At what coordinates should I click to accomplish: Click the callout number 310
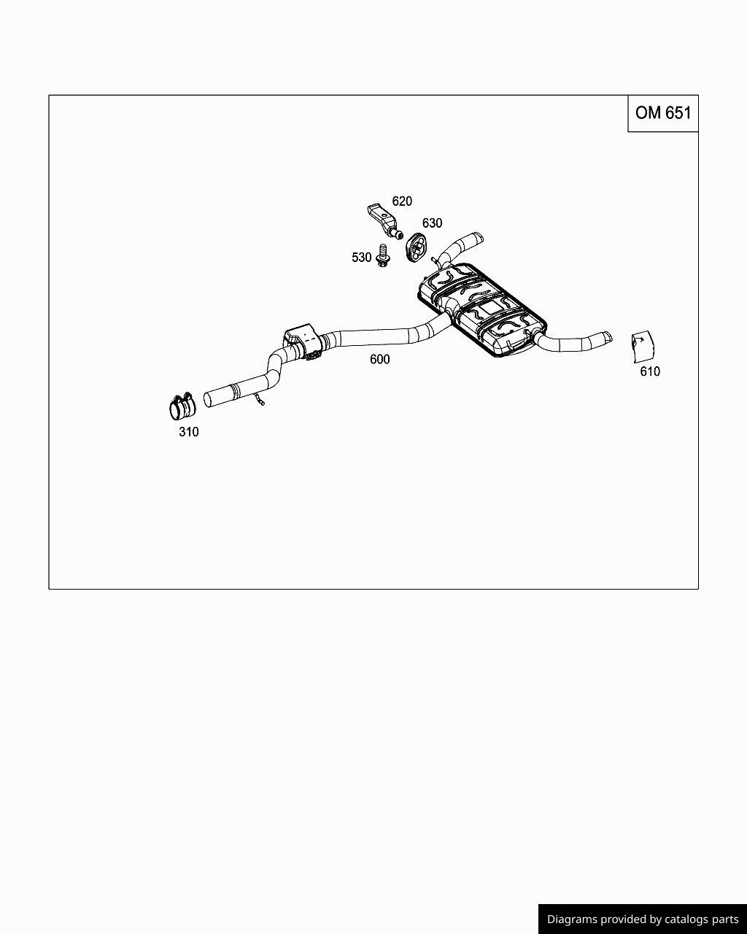click(189, 432)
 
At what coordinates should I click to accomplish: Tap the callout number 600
click(380, 359)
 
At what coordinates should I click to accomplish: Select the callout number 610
click(650, 371)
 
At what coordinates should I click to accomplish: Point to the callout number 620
click(402, 201)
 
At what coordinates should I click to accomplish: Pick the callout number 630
click(433, 223)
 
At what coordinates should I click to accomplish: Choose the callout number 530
click(362, 258)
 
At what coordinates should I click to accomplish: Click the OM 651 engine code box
click(663, 113)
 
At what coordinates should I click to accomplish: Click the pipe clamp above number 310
click(182, 406)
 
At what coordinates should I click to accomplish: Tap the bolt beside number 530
click(383, 255)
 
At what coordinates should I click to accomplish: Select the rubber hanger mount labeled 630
click(417, 247)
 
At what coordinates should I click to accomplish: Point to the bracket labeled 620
click(384, 221)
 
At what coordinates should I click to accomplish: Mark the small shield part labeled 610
click(643, 347)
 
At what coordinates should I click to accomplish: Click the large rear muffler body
click(481, 309)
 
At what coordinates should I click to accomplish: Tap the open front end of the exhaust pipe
click(207, 400)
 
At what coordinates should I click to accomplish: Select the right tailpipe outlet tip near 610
click(607, 336)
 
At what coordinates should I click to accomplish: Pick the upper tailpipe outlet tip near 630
click(479, 238)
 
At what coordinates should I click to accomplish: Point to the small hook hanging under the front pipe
click(259, 399)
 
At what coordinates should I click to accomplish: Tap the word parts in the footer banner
click(726, 919)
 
